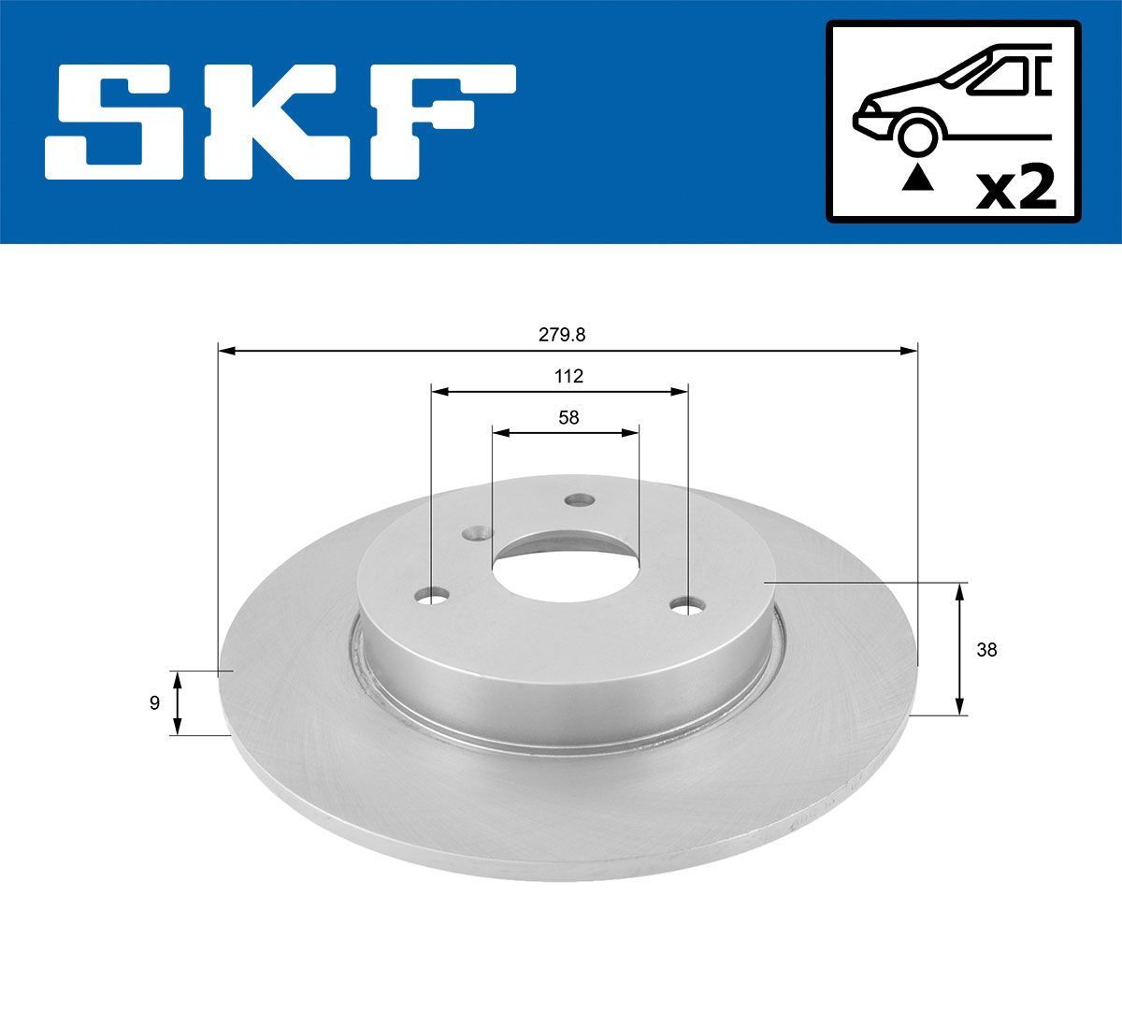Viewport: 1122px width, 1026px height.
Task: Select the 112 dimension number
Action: tap(568, 376)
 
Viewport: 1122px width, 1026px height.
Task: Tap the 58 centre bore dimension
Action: tap(568, 418)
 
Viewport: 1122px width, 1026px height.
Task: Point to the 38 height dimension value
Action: tap(986, 650)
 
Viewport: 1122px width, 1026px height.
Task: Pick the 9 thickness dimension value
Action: tap(154, 703)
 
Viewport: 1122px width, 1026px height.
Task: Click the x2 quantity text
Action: tap(1015, 189)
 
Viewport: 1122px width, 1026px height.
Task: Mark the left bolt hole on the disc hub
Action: tap(432, 595)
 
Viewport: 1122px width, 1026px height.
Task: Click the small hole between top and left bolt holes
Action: tap(478, 533)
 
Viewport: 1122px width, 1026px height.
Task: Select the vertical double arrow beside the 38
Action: tap(960, 650)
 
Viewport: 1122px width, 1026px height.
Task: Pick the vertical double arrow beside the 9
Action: tap(178, 703)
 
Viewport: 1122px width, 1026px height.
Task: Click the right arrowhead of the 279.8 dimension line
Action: tap(909, 351)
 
